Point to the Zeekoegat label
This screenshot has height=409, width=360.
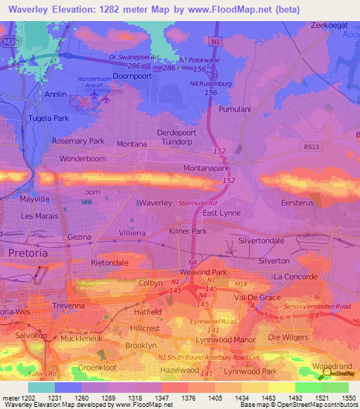[330, 25]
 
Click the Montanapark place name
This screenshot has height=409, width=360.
[207, 169]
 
